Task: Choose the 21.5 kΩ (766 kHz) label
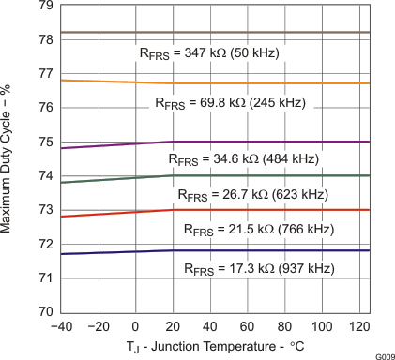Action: (258, 229)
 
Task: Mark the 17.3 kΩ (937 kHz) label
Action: (258, 269)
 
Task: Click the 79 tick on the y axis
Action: (45, 6)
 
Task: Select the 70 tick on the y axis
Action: (45, 312)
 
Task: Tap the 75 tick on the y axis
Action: (45, 142)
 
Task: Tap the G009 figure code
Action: (383, 354)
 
